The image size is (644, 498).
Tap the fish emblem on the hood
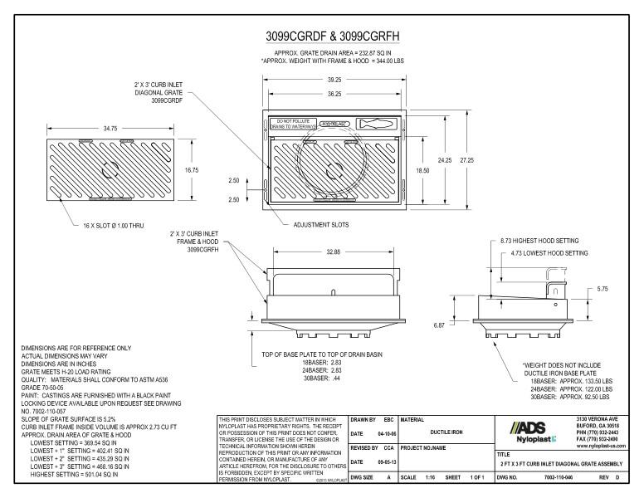pos(378,124)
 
